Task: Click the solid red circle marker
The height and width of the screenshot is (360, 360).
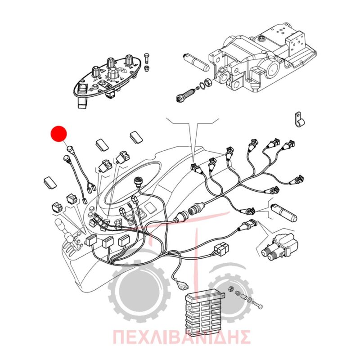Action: tap(58, 134)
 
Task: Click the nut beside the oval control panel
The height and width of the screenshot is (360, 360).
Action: tap(146, 68)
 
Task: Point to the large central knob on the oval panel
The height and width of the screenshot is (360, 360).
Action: tap(112, 73)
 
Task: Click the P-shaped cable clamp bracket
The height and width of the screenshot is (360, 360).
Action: tap(299, 120)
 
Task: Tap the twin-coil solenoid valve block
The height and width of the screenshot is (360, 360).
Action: tap(281, 246)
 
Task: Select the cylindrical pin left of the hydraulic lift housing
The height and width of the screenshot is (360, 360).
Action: tap(196, 62)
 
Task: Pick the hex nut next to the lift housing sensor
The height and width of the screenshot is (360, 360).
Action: tap(208, 82)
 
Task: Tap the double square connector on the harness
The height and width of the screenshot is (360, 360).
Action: tap(221, 249)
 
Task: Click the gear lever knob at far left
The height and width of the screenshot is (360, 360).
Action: tap(59, 225)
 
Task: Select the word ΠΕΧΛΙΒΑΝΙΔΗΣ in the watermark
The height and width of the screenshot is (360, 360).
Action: tap(181, 337)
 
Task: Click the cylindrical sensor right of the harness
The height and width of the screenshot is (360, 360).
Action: tap(284, 212)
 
